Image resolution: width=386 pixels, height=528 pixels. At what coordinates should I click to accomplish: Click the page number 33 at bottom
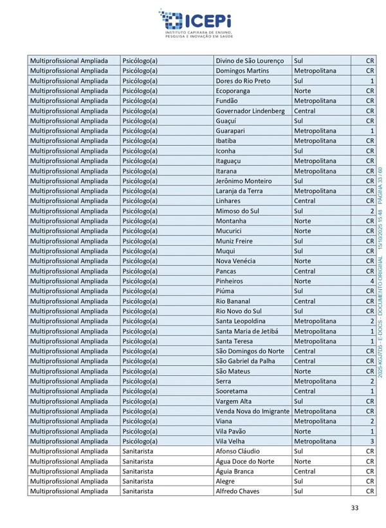(354, 508)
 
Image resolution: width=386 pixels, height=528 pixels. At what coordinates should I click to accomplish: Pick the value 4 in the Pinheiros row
(372, 281)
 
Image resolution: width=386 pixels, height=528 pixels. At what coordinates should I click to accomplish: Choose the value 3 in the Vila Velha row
(372, 441)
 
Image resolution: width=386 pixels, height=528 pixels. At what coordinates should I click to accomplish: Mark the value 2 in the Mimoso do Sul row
(372, 211)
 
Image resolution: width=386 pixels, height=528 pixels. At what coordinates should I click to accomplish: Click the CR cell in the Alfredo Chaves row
(370, 491)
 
